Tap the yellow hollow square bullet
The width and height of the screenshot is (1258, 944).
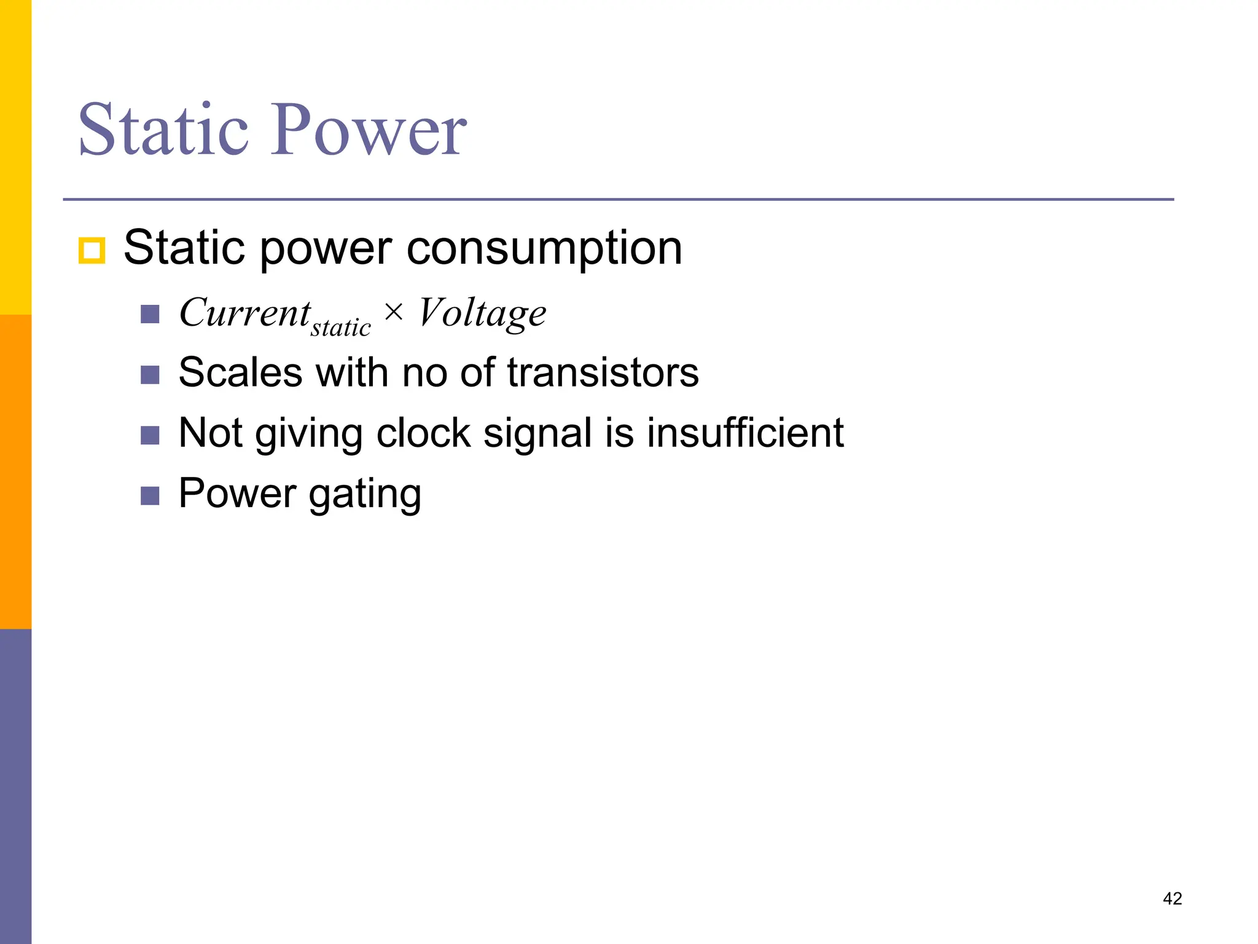tap(92, 251)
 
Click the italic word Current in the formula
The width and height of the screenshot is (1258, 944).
tap(244, 312)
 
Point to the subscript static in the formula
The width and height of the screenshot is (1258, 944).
tap(341, 328)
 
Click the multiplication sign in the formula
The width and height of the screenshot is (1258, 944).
tap(394, 312)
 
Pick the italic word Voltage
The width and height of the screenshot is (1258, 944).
tap(482, 313)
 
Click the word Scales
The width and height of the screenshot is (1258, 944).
tap(240, 372)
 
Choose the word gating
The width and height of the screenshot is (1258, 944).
tap(365, 494)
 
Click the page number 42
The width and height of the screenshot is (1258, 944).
tap(1172, 899)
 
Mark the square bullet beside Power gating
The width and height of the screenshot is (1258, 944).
tap(150, 495)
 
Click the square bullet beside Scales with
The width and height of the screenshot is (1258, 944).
tap(150, 374)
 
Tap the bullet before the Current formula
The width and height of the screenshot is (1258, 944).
tap(150, 314)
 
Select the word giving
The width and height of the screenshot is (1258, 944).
tap(308, 434)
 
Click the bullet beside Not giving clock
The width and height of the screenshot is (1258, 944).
tap(150, 435)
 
